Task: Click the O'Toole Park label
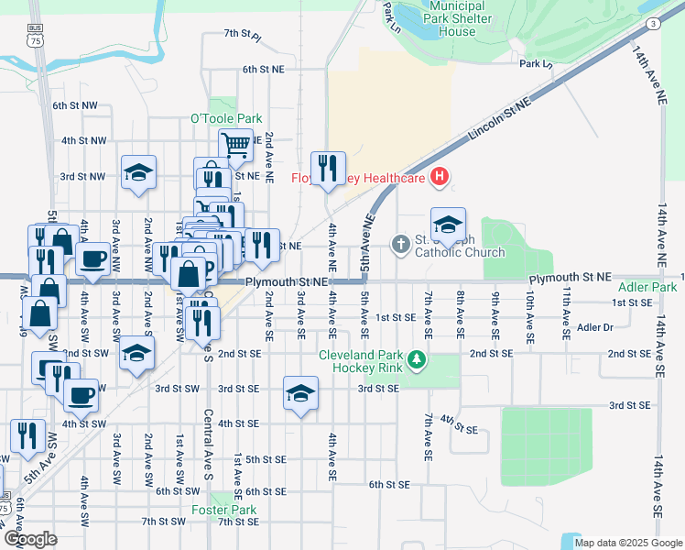225,118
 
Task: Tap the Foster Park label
223,510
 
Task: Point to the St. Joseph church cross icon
400,245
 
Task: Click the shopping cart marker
235,143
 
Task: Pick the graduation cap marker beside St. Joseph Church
448,224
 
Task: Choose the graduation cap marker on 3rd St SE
300,392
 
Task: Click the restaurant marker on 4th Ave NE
327,168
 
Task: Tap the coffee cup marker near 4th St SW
81,395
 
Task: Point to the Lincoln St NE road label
500,120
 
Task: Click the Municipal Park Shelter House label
443,18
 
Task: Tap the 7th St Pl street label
243,36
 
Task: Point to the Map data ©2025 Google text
627,543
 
